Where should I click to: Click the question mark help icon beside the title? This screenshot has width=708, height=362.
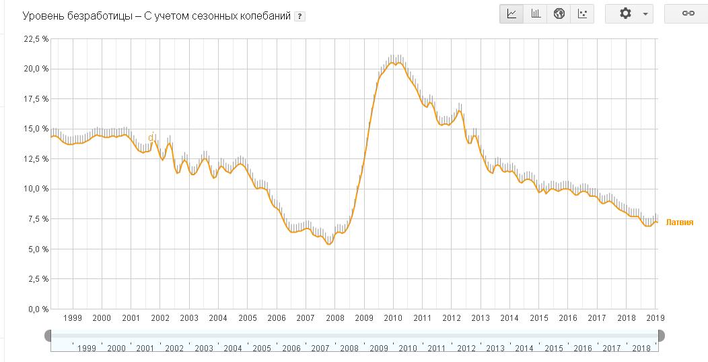point(299,16)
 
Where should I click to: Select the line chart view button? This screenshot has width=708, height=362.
point(511,13)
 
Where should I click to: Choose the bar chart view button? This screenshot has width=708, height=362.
point(536,13)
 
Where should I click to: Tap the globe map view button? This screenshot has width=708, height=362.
point(559,13)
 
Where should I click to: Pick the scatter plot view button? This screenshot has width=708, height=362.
point(582,13)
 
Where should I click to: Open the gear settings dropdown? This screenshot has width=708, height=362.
point(629,13)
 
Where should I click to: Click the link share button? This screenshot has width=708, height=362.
point(688,13)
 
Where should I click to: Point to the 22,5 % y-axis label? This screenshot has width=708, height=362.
point(36,39)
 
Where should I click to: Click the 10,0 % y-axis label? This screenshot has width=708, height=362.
point(36,189)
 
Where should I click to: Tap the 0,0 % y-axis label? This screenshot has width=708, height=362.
point(38,309)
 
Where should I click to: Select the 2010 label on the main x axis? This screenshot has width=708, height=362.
point(393,318)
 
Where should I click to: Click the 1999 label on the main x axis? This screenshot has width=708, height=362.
point(72,318)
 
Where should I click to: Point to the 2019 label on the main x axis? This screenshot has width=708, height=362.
point(656,318)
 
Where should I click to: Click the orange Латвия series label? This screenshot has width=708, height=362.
point(679,222)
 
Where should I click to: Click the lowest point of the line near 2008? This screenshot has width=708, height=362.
point(328,244)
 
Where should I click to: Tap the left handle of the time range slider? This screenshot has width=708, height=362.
point(48,335)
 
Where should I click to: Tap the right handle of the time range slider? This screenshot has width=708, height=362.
point(661,335)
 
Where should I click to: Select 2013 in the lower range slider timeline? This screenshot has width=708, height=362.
point(495,349)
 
